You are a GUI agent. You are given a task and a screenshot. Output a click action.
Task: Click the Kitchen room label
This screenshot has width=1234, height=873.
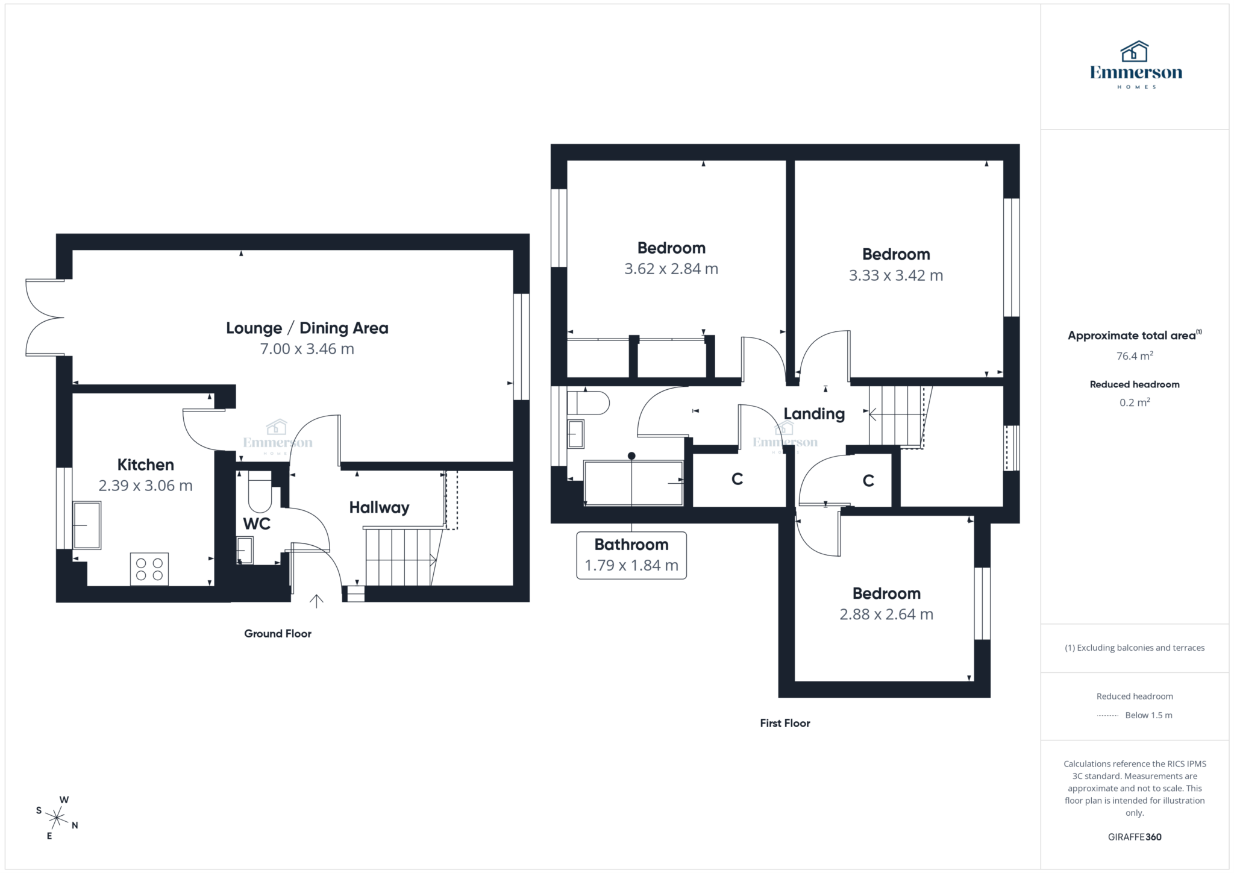click(x=145, y=465)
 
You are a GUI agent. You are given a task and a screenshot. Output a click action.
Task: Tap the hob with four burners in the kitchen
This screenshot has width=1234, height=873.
click(x=149, y=569)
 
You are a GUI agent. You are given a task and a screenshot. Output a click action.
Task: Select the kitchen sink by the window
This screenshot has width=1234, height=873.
click(x=87, y=525)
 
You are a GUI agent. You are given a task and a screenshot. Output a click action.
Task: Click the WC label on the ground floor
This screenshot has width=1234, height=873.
click(x=257, y=524)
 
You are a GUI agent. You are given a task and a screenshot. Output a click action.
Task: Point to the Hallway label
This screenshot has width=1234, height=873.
click(x=379, y=507)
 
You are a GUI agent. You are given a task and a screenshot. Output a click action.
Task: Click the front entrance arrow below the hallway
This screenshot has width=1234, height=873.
click(x=316, y=601)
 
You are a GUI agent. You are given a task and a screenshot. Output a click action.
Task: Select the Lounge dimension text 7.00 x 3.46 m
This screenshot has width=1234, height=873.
click(x=307, y=349)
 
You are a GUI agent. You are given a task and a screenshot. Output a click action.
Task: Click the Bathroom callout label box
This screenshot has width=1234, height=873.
click(x=631, y=555)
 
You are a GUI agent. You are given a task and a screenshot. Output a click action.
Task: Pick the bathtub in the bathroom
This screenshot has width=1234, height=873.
click(x=633, y=483)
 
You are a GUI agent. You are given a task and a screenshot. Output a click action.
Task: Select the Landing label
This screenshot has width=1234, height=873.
click(x=814, y=413)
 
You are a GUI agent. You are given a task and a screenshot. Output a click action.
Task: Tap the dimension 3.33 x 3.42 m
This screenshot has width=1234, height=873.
click(x=896, y=275)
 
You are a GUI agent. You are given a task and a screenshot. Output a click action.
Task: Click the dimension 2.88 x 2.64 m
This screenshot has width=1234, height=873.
click(x=886, y=615)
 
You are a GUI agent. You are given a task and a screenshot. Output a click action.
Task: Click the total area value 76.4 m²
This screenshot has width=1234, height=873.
click(x=1135, y=356)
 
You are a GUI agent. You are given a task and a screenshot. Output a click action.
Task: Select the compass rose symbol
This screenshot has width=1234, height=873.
click(x=57, y=818)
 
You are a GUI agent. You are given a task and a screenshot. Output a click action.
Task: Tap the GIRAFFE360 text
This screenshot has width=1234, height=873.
click(x=1135, y=837)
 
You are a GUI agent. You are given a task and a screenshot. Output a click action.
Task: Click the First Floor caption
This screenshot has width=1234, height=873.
click(x=785, y=723)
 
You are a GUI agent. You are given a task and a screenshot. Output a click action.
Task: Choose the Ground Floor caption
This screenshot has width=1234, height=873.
click(x=278, y=633)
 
